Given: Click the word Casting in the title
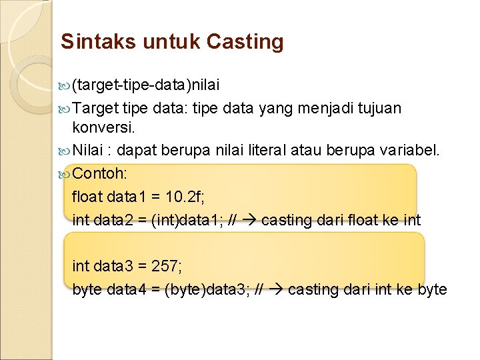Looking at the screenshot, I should tap(245, 42).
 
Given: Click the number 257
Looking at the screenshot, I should tap(167, 267).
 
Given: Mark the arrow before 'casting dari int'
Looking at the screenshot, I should tap(276, 290).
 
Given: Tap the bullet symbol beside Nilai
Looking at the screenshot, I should tap(65, 151).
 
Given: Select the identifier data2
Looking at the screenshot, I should tap(112, 221).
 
